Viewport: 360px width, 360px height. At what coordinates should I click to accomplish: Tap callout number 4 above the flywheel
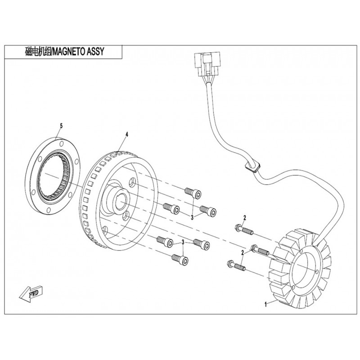127,135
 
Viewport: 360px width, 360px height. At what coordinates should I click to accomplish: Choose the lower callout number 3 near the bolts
183,243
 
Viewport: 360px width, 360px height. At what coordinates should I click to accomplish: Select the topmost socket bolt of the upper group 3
193,192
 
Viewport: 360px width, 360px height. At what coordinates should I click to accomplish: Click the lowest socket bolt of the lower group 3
179,259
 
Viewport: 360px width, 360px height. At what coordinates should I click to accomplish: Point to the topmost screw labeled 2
243,229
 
